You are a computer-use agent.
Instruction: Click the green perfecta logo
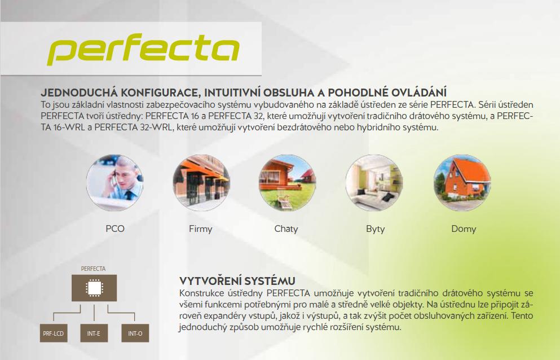pos(143,49)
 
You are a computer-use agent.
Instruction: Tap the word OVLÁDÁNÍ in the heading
pos(419,92)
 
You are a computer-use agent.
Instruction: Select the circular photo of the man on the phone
pos(114,183)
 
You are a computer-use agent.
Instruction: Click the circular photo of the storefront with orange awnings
pos(201,183)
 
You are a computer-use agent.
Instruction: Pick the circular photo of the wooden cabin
pos(287,183)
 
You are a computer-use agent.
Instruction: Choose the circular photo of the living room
pos(374,183)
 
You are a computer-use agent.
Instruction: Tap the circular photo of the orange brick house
pos(462,183)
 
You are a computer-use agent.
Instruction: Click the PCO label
pos(115,229)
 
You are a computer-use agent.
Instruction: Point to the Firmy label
pos(200,229)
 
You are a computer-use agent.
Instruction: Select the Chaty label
pos(286,229)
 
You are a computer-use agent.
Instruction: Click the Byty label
pos(376,229)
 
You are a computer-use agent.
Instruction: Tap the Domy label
pos(464,229)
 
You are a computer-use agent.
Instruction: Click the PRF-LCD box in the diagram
pos(54,333)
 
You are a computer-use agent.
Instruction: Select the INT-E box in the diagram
pos(94,333)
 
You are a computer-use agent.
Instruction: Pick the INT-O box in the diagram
pos(135,333)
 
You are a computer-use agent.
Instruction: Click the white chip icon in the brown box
pos(94,288)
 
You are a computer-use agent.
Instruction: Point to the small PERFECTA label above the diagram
pos(93,269)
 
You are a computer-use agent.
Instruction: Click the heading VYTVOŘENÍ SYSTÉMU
pos(237,281)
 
